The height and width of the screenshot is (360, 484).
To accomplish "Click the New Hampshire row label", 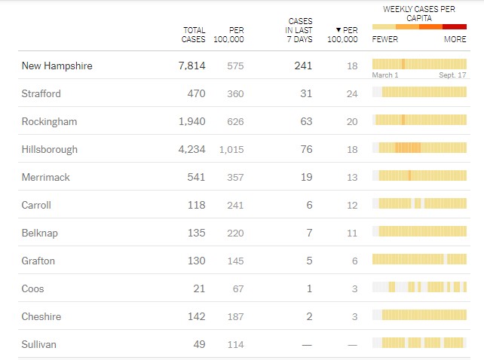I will tap(57, 66).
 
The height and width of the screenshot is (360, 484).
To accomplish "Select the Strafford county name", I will tap(41, 94).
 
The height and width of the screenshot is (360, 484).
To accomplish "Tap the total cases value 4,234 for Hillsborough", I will tap(191, 149).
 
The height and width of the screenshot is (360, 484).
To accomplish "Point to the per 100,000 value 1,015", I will tap(231, 150).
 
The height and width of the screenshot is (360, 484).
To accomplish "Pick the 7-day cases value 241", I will tap(302, 66).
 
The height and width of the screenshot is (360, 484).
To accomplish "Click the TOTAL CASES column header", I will tap(194, 35).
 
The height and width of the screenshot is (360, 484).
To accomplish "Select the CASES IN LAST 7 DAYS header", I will tap(300, 30).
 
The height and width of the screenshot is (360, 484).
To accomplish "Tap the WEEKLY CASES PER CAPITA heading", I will tap(419, 13).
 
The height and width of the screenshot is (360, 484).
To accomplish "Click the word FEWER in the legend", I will tap(385, 39).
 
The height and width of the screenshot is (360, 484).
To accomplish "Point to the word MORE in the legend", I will tap(455, 39).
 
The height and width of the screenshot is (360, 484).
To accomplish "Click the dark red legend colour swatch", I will tap(455, 26).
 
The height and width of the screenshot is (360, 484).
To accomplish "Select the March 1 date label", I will tap(385, 75).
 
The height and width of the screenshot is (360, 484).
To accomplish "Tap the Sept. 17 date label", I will tap(453, 75).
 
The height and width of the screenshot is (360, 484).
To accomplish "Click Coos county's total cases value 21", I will tap(198, 289).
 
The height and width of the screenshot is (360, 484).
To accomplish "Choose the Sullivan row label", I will tap(39, 345).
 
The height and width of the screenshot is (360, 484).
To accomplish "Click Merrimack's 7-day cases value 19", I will tap(306, 178).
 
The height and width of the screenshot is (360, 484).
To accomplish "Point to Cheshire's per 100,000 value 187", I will tap(235, 317).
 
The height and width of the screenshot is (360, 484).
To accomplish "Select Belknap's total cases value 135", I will tap(195, 233).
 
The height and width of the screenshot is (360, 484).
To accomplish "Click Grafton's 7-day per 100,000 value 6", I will tap(354, 261).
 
